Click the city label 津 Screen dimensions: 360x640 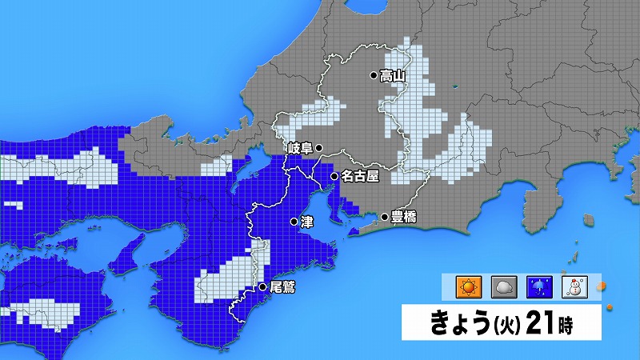pyautogui.click(x=306, y=222)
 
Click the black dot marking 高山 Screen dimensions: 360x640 pyautogui.click(x=373, y=76)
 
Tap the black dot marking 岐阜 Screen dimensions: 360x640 pyautogui.click(x=318, y=148)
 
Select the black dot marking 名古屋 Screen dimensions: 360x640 pyautogui.click(x=334, y=177)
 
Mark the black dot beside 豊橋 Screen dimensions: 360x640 pyautogui.click(x=385, y=217)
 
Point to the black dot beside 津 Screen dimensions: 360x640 pyautogui.click(x=294, y=222)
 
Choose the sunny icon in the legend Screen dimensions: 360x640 pyautogui.click(x=466, y=286)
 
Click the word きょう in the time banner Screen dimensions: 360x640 pyautogui.click(x=458, y=325)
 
